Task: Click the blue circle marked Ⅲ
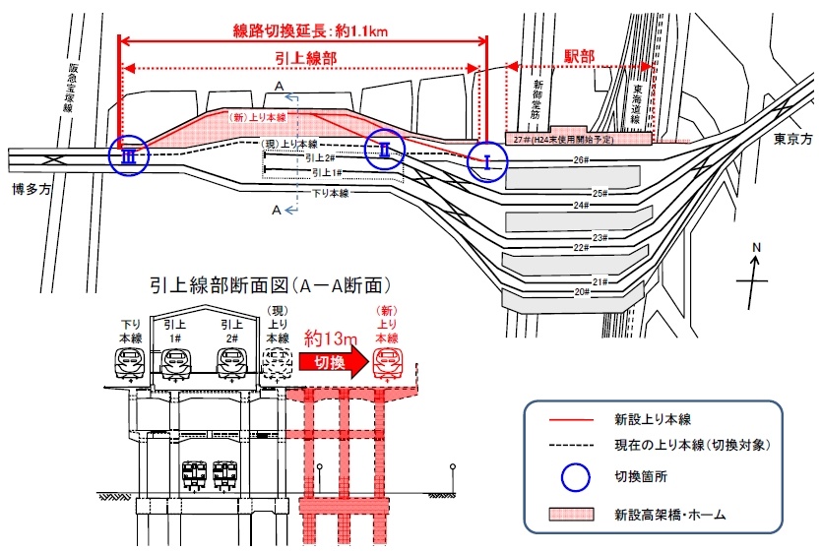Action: click(128, 155)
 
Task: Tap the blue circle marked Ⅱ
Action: click(386, 150)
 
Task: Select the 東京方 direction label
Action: click(793, 138)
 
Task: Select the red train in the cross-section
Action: click(389, 363)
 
